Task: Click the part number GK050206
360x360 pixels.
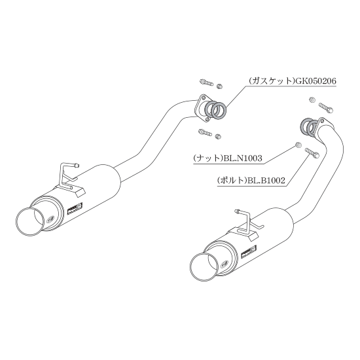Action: point(315,81)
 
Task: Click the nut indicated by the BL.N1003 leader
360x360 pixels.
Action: point(298,145)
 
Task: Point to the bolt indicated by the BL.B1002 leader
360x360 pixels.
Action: point(312,153)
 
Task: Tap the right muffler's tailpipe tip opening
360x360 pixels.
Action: point(203,267)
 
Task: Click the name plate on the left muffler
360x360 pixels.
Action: point(75,209)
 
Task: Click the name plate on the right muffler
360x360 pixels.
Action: point(249,252)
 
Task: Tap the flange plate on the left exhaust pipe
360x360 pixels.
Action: point(202,109)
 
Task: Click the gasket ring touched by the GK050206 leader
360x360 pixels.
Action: point(219,111)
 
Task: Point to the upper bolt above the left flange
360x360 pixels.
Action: point(207,82)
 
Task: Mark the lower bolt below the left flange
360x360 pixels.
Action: point(205,132)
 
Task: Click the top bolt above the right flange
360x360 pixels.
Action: point(325,107)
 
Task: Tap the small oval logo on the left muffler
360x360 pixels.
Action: point(50,219)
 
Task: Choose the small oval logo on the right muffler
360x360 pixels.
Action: point(225,264)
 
